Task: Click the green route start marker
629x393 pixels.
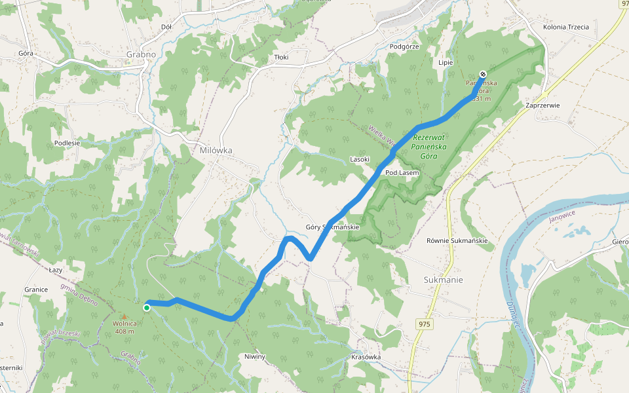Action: [147, 307]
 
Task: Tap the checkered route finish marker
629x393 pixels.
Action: [483, 74]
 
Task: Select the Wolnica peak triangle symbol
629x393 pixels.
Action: [124, 316]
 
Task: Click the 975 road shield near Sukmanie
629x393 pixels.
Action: [424, 324]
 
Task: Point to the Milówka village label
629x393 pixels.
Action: [216, 150]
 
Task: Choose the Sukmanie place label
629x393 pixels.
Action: [444, 280]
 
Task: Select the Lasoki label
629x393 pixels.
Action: [360, 159]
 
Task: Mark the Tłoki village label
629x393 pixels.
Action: [281, 58]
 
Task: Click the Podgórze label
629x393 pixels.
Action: [404, 47]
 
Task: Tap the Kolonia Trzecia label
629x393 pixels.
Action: [566, 27]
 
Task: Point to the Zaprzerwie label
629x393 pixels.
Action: [543, 105]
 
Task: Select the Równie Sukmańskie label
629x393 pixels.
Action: [457, 240]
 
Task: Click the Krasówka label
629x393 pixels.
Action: [366, 357]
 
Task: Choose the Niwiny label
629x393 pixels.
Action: [256, 357]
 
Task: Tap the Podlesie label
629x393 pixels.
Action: [67, 143]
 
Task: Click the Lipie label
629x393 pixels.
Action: [446, 62]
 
